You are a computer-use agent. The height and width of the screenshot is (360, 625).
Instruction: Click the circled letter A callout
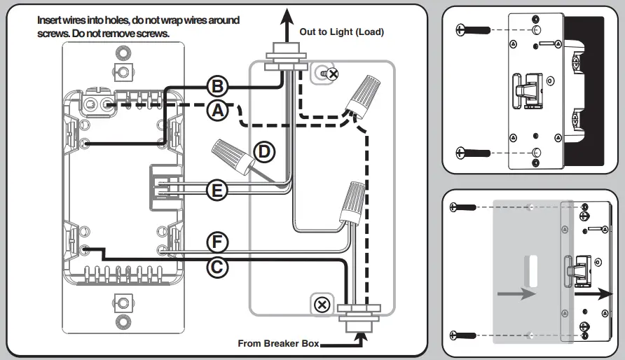[x=218, y=110]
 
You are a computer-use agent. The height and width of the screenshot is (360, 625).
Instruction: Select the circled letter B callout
[x=218, y=87]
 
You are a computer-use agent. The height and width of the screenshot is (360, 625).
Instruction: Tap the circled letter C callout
[x=218, y=266]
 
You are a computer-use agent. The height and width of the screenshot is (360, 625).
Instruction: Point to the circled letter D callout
[x=263, y=151]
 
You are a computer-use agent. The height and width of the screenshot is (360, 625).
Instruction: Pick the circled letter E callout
[x=218, y=189]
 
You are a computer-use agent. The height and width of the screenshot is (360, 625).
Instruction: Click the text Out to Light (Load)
[x=342, y=32]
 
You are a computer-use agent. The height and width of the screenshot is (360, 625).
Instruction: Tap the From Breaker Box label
[x=278, y=343]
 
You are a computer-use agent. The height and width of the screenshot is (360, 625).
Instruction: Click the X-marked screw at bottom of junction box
[x=322, y=305]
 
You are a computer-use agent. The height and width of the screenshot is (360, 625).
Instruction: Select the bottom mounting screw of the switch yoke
[x=123, y=303]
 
